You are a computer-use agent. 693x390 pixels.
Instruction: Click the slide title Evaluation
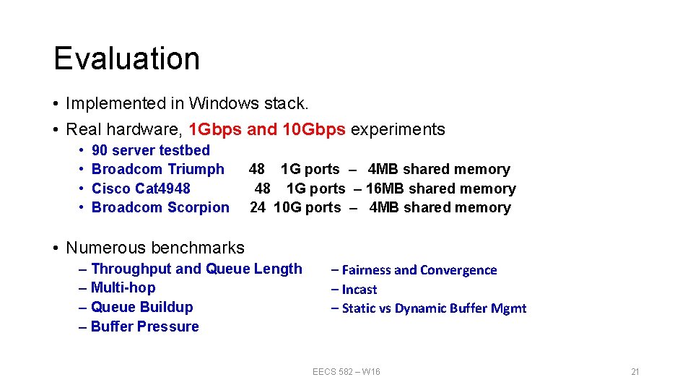(x=126, y=58)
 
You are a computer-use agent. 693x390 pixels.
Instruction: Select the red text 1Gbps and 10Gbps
(x=266, y=130)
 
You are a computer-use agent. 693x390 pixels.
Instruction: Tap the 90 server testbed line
(x=151, y=150)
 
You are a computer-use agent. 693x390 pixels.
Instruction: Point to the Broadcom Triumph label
(x=158, y=169)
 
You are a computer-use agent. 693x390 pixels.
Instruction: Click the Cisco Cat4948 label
(x=141, y=188)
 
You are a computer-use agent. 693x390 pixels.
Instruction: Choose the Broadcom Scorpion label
(x=160, y=207)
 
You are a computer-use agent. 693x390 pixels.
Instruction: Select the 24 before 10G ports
(x=258, y=207)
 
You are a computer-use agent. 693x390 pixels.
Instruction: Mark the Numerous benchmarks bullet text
(x=155, y=248)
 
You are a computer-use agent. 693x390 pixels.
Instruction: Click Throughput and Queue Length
(x=196, y=269)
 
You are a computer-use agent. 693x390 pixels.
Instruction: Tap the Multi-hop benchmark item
(x=123, y=287)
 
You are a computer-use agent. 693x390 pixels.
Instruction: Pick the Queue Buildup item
(x=141, y=307)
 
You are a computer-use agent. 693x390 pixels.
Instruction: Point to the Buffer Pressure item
(x=144, y=326)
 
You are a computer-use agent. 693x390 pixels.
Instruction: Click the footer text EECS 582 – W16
(x=346, y=371)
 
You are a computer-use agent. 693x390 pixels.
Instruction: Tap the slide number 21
(x=635, y=371)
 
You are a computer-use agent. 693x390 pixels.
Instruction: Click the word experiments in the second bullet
(x=398, y=130)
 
